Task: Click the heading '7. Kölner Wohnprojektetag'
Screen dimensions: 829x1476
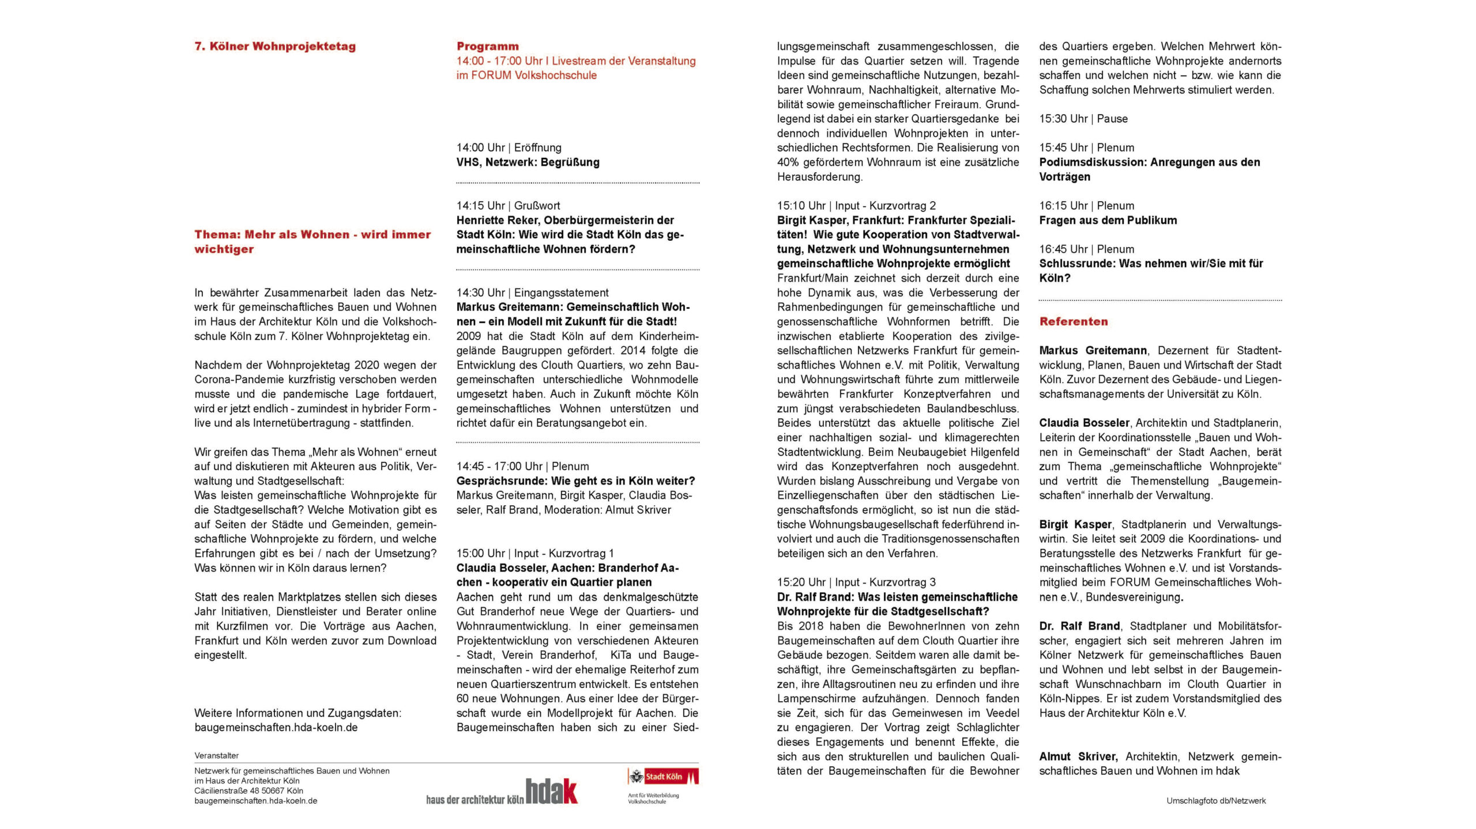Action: (x=275, y=47)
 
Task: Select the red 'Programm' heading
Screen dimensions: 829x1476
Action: (x=487, y=47)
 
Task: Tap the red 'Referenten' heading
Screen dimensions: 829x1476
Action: (x=1074, y=321)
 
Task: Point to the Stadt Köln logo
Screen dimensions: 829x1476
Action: (x=663, y=777)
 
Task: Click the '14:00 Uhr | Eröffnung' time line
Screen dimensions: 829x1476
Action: (x=509, y=147)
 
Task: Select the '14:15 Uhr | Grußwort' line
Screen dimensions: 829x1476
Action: (x=508, y=206)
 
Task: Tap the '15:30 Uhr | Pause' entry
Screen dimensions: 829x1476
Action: (x=1083, y=119)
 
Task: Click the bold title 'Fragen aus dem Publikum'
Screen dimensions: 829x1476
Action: (x=1108, y=220)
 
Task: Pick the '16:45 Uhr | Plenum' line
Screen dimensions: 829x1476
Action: (x=1086, y=249)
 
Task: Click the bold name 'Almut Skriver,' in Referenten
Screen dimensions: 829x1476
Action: (x=1078, y=756)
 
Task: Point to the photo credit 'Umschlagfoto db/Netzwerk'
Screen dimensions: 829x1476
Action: (x=1216, y=801)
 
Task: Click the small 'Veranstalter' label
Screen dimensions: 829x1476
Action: (x=216, y=756)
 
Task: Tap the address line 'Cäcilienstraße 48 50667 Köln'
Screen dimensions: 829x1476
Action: (x=248, y=791)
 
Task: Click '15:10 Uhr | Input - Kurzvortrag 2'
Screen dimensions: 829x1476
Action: (x=856, y=206)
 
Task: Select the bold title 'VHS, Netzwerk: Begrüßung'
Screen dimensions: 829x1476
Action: (x=528, y=162)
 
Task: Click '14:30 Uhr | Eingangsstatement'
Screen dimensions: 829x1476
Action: (x=532, y=293)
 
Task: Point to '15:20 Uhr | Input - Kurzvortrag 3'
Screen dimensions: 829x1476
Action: (x=856, y=582)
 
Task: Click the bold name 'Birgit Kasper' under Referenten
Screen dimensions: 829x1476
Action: (x=1075, y=524)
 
